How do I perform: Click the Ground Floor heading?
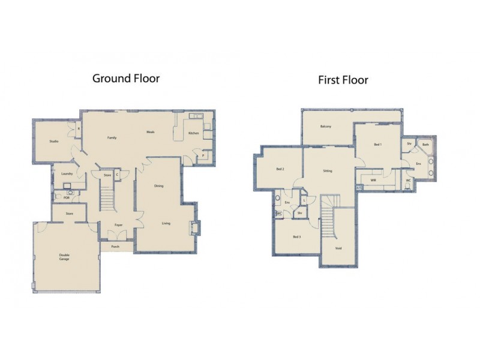point(125,78)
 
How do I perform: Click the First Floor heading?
point(343,79)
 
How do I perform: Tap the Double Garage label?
point(64,256)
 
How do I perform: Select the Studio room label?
point(54,142)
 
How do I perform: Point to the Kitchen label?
point(193,133)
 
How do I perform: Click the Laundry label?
point(67,174)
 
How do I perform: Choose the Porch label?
point(115,246)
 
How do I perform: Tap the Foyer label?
point(119,225)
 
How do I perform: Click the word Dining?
point(159,185)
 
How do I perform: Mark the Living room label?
point(166,223)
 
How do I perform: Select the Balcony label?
point(326,126)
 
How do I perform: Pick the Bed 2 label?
point(280,169)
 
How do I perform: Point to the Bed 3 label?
point(296,237)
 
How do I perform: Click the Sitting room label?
point(328,171)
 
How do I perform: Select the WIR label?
point(373,179)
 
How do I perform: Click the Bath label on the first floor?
point(425,145)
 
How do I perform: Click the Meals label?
point(151,132)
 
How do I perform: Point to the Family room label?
point(112,137)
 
